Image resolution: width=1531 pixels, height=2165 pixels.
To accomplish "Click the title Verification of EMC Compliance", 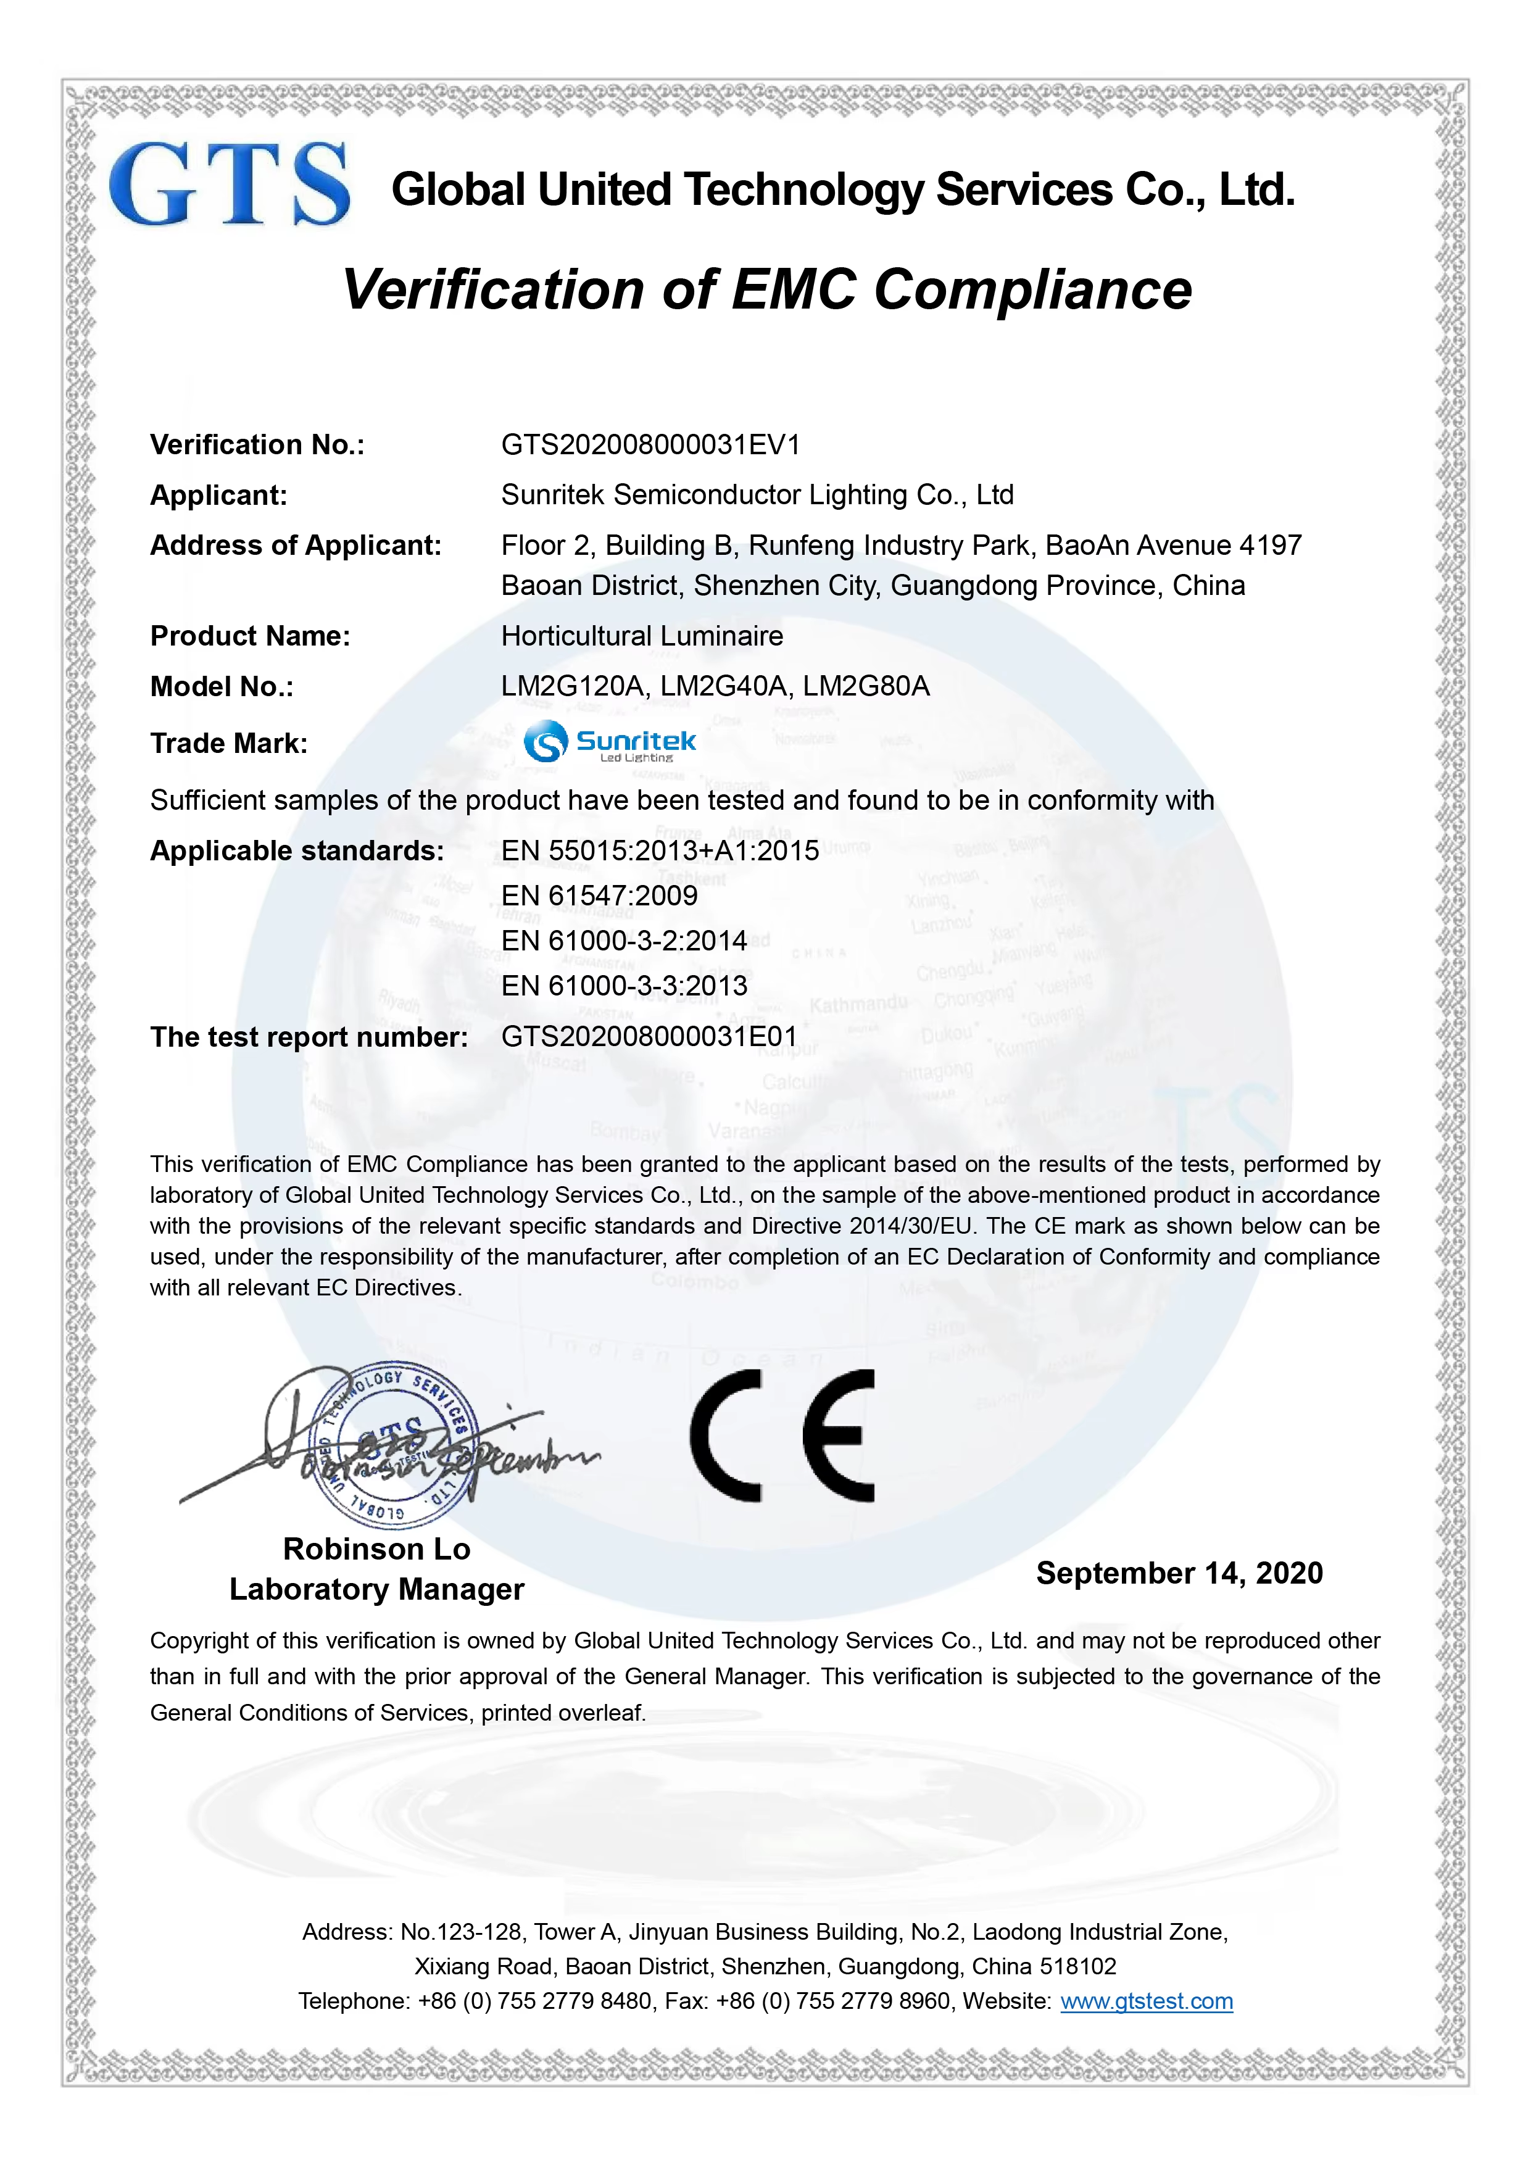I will tap(766, 289).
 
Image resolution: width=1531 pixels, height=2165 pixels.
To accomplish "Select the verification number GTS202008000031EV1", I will tap(650, 444).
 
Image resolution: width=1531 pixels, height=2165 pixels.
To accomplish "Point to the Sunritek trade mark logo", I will tap(610, 741).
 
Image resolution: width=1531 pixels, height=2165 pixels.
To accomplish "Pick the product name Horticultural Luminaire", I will tap(642, 636).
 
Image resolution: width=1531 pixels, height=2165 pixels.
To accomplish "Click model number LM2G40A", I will tap(723, 686).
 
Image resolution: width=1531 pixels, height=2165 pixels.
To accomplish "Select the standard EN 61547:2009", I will tap(600, 895).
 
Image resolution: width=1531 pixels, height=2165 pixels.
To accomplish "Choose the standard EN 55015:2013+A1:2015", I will tap(660, 850).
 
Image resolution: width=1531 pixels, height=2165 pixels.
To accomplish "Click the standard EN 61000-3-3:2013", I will tap(624, 986).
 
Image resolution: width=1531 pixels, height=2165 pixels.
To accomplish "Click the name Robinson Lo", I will tap(376, 1548).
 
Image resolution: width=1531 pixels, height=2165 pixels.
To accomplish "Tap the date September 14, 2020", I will tap(1179, 1572).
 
